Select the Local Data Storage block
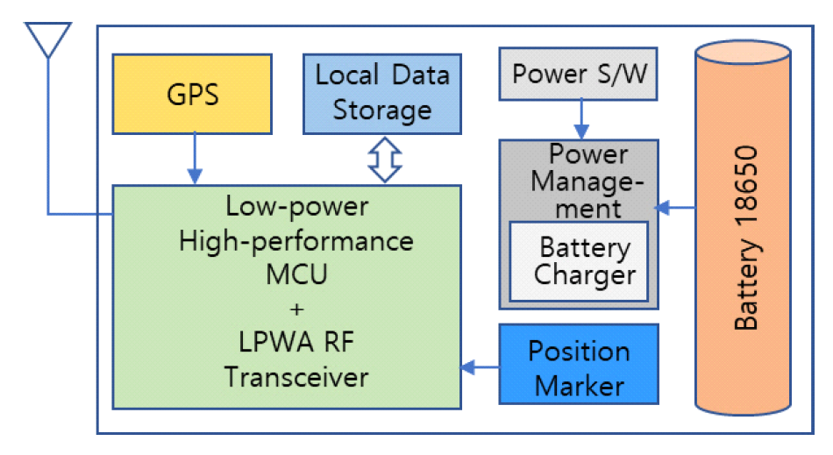[x=382, y=92]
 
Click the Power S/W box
[x=579, y=74]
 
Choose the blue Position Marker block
[x=579, y=367]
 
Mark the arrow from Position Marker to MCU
[x=481, y=367]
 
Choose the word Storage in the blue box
[x=382, y=110]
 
